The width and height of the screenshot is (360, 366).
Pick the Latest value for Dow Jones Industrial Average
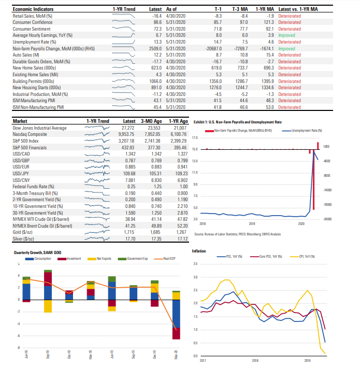[127, 127]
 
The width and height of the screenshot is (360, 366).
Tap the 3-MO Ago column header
[151, 120]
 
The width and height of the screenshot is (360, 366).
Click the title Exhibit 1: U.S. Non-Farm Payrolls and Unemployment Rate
[237, 122]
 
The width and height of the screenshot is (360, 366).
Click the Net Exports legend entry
[105, 258]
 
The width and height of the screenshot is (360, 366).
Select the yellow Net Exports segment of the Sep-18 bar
[48, 306]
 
